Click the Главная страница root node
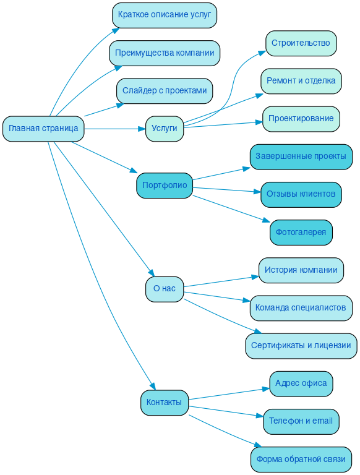click(x=43, y=129)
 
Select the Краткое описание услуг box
click(x=165, y=15)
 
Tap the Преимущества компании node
click(x=165, y=53)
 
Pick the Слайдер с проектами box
click(x=165, y=91)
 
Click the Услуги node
click(x=165, y=129)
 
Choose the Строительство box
click(x=301, y=43)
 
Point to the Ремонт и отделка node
click(x=301, y=81)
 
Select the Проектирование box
click(x=301, y=119)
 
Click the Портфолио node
click(x=165, y=186)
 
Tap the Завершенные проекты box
click(x=301, y=157)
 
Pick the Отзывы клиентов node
click(x=301, y=194)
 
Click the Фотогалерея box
click(x=301, y=233)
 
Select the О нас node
click(x=165, y=289)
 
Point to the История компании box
click(x=301, y=270)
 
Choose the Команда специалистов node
click(x=301, y=308)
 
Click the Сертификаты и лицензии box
click(x=301, y=346)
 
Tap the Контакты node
click(x=165, y=403)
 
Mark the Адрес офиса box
click(x=301, y=383)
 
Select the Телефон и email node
click(x=301, y=421)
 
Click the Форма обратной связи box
click(x=301, y=460)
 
